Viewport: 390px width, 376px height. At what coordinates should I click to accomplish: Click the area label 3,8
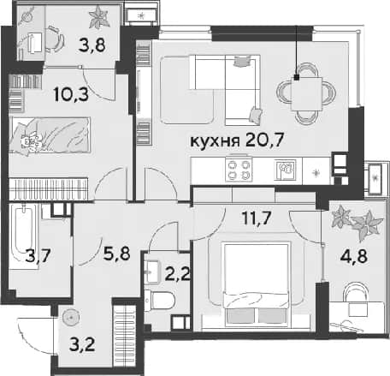[92, 45]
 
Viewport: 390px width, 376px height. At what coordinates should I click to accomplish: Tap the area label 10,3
[71, 94]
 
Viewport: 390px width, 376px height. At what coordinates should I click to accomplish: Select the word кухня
[215, 141]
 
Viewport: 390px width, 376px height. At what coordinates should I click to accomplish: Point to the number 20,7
[263, 140]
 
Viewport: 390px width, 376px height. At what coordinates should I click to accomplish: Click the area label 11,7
[257, 218]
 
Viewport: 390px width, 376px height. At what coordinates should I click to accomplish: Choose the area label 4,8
[354, 256]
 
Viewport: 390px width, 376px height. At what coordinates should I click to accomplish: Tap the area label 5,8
[117, 254]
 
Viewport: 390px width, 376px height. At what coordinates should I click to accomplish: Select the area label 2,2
[177, 275]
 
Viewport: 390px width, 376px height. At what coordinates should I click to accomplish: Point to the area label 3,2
[82, 345]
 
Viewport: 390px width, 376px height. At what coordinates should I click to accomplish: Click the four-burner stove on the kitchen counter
[239, 170]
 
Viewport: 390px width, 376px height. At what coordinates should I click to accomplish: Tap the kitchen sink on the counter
[285, 170]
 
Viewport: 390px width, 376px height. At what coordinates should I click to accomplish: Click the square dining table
[306, 93]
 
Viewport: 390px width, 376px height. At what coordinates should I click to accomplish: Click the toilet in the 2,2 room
[159, 301]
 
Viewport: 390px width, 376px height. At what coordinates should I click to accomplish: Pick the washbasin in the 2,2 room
[151, 272]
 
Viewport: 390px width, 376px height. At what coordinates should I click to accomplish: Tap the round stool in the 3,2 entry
[71, 317]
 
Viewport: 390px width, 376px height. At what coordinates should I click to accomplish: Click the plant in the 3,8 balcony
[98, 16]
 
